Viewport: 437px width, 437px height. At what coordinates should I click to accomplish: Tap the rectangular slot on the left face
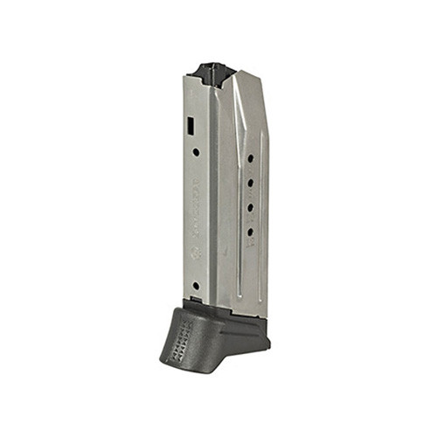click(191, 127)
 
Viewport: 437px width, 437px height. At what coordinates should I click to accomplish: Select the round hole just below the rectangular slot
click(195, 151)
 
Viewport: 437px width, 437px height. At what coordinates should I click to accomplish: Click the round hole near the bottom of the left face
click(195, 285)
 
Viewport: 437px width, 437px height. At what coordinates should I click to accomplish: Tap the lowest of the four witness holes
click(249, 232)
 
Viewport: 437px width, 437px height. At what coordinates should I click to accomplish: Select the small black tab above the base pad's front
click(197, 301)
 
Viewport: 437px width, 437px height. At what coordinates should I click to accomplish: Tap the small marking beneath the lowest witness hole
click(249, 246)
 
